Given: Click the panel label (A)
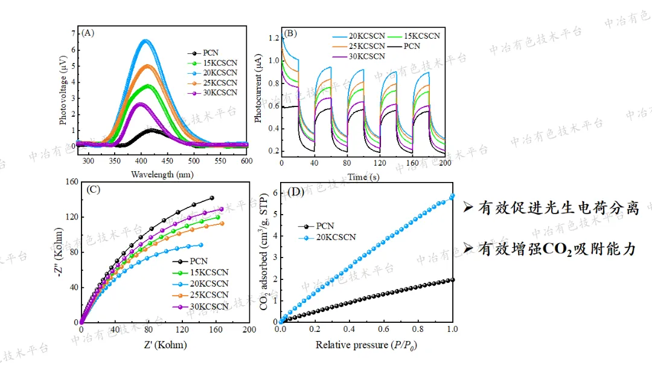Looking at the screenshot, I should coord(88,33).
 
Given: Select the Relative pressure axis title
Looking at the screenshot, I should coord(367,345).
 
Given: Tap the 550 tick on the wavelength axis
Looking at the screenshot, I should coord(220,161).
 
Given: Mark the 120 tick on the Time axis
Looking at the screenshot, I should coord(379,163).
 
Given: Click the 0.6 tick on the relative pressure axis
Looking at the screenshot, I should coord(384,330).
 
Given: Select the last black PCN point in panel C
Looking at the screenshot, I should coord(211,198).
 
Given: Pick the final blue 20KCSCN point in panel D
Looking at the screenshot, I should coord(452,196).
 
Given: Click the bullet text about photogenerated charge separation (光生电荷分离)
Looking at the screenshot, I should coord(558,209).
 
